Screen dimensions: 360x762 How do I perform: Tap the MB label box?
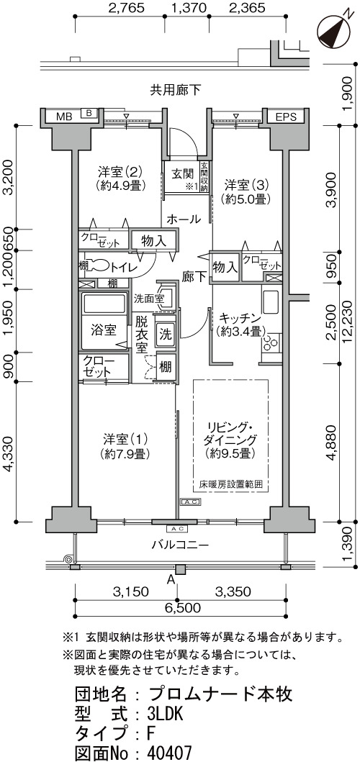pyautogui.click(x=64, y=117)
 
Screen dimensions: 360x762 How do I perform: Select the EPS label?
pyautogui.click(x=285, y=117)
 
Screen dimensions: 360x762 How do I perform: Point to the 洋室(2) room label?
pyautogui.click(x=120, y=171)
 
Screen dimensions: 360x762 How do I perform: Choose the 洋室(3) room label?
pyautogui.click(x=246, y=185)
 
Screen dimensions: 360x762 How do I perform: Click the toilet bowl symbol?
pyautogui.click(x=98, y=266)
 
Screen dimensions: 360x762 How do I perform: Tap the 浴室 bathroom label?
pyautogui.click(x=104, y=330)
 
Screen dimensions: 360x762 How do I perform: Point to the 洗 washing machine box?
pyautogui.click(x=166, y=335)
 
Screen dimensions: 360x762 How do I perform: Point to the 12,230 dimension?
pyautogui.click(x=348, y=319)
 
